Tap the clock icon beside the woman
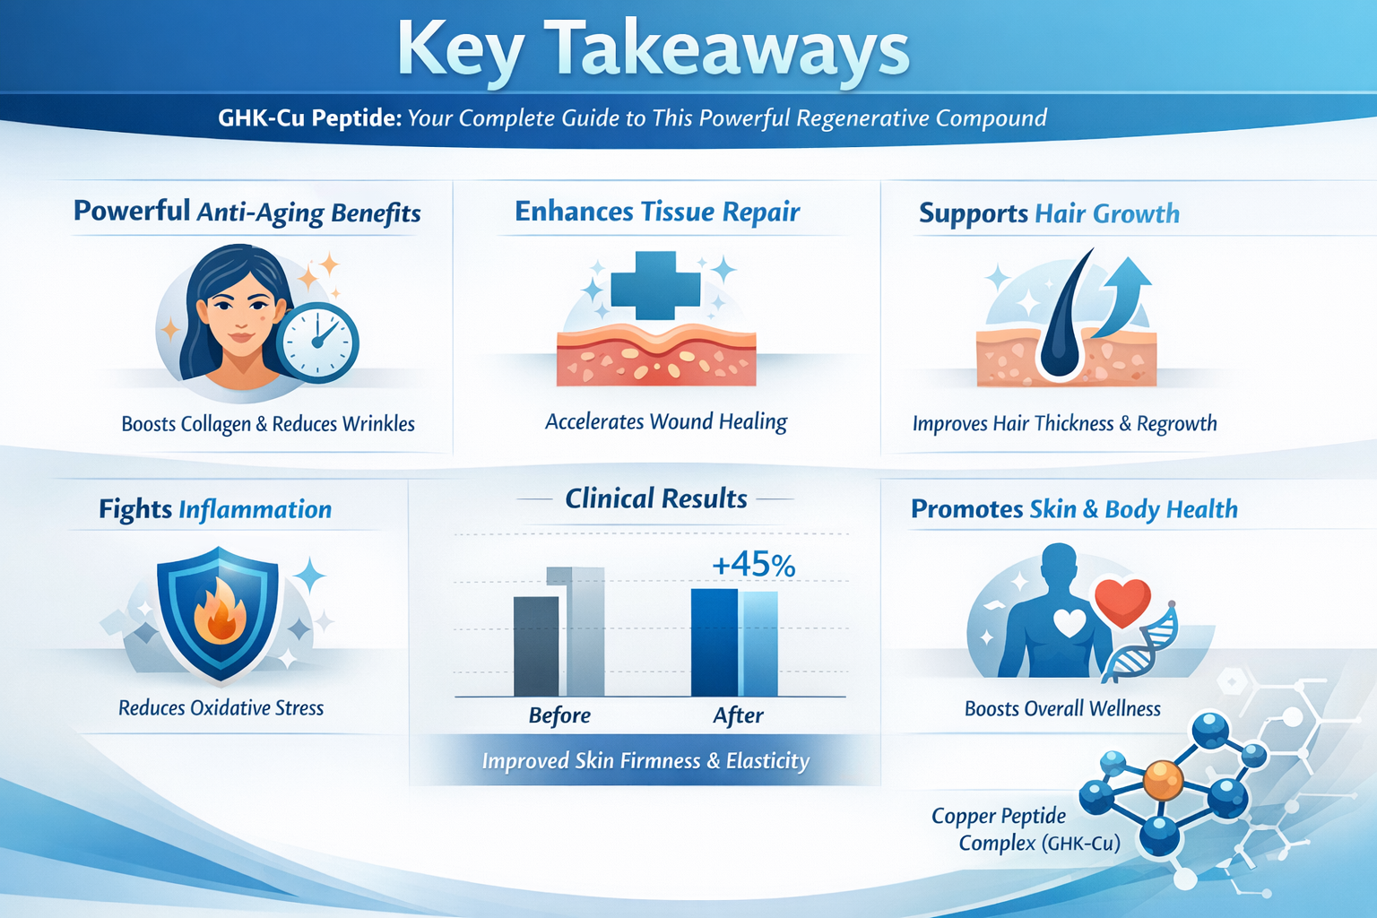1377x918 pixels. coord(317,342)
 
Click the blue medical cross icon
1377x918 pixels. coord(655,285)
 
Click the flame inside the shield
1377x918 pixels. coord(220,611)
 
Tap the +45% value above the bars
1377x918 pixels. coord(754,565)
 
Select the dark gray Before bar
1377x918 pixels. coord(536,646)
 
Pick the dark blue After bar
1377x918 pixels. coord(714,643)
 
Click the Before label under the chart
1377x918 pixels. coord(559,715)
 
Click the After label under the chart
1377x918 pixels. coord(739,715)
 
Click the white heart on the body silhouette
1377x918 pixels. coord(1070,622)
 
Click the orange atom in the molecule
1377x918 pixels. coord(1163,780)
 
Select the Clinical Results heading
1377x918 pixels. coord(656,498)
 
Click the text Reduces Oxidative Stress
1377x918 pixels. coord(221,708)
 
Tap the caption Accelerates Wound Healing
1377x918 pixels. coord(666,422)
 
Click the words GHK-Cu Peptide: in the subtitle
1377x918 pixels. coord(310,117)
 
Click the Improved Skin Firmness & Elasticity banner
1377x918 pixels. coord(645,760)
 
